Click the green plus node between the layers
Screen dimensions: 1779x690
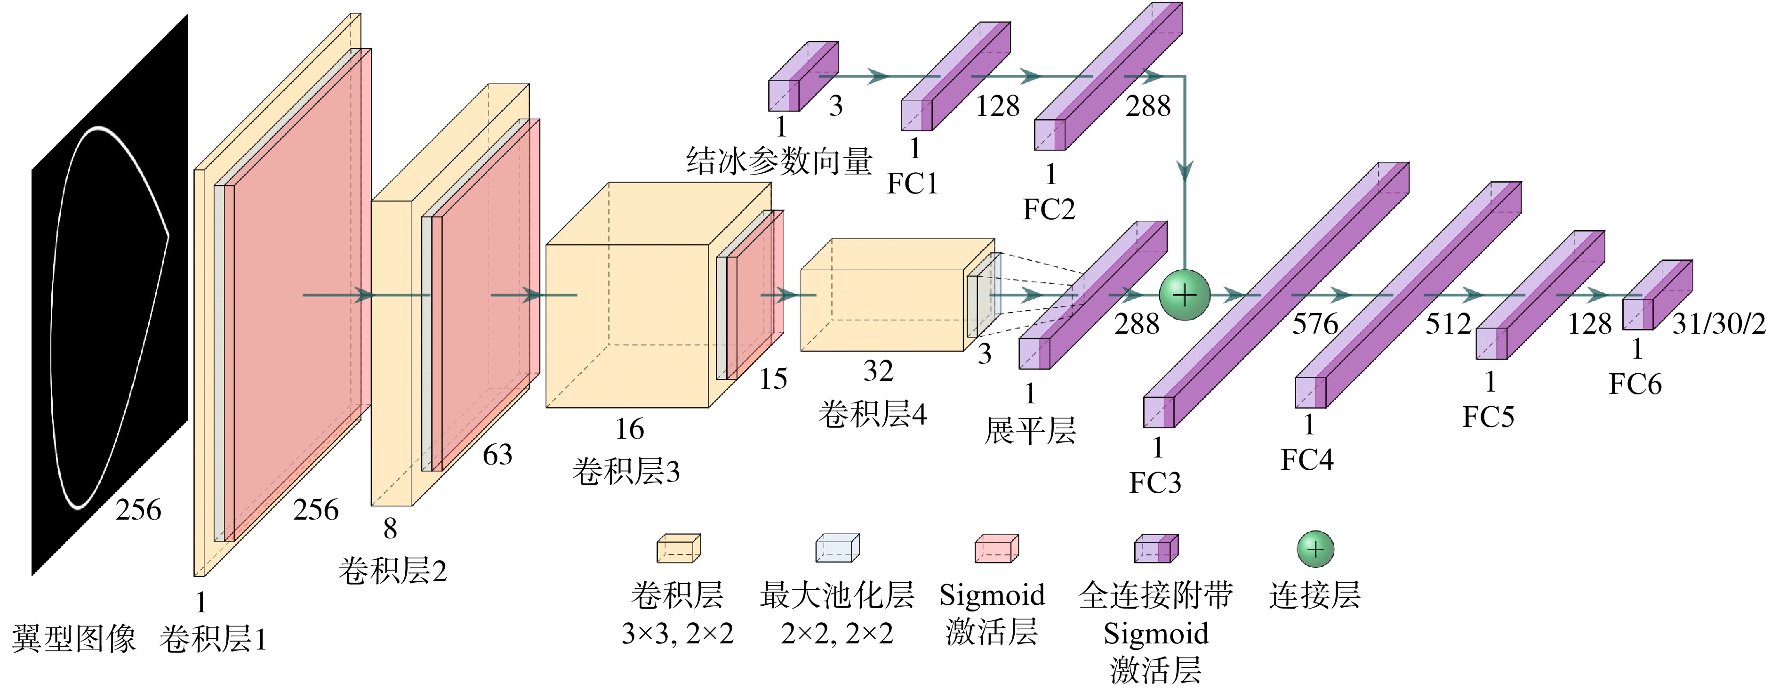[1185, 296]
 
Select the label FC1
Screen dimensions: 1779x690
[912, 184]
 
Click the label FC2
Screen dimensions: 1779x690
[1049, 209]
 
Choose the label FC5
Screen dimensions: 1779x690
[1488, 417]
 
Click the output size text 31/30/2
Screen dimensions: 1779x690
[1719, 323]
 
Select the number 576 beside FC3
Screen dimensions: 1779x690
[1315, 323]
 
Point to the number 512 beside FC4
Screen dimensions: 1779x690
[1448, 323]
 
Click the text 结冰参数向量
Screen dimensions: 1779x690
[779, 161]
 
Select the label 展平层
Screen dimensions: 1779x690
[1030, 431]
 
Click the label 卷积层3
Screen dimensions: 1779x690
[625, 472]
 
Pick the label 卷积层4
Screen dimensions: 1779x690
[872, 414]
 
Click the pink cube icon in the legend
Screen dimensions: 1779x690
[996, 548]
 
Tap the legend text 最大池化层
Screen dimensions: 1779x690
[837, 594]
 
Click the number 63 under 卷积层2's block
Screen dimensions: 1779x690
[497, 455]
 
